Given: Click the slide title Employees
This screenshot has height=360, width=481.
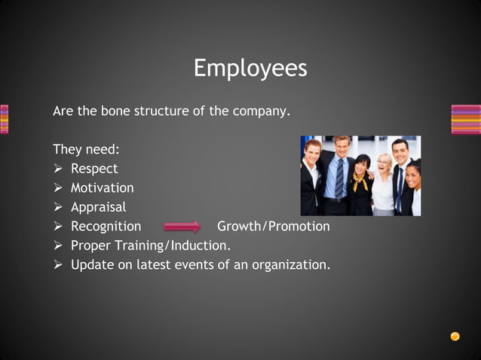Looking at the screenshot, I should [250, 69].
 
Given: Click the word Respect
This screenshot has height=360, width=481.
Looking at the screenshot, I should [94, 169].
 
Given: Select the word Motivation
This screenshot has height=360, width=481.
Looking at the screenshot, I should [102, 188].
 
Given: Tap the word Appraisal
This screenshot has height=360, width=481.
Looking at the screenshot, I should [98, 207].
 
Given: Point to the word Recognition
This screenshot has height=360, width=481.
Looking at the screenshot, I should [106, 226].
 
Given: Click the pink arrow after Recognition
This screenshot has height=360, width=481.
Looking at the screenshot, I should [182, 226].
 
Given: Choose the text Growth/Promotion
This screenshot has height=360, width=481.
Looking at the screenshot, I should [273, 226].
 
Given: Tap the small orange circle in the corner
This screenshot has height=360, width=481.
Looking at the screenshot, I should [455, 337].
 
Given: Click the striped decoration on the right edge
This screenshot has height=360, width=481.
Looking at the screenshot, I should [465, 119].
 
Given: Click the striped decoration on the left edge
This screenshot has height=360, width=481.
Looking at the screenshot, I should [5, 119].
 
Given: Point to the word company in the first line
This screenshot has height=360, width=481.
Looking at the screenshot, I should [259, 111].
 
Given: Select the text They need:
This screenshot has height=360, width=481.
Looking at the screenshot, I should [86, 149].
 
